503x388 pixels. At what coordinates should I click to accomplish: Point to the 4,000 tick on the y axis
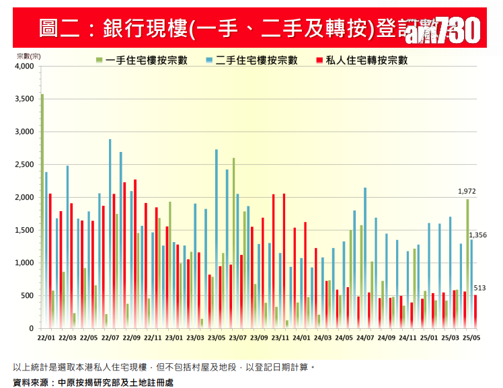coord(24,67)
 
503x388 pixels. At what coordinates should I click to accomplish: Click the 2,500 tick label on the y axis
coord(24,165)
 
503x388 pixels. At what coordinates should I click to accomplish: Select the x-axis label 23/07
coord(239,338)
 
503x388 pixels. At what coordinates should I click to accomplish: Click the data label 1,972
coord(467,191)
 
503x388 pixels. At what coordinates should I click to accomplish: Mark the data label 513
coord(479,288)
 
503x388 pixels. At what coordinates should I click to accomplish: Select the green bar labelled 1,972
coord(467,262)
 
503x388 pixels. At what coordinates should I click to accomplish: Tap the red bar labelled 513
coord(475,311)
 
